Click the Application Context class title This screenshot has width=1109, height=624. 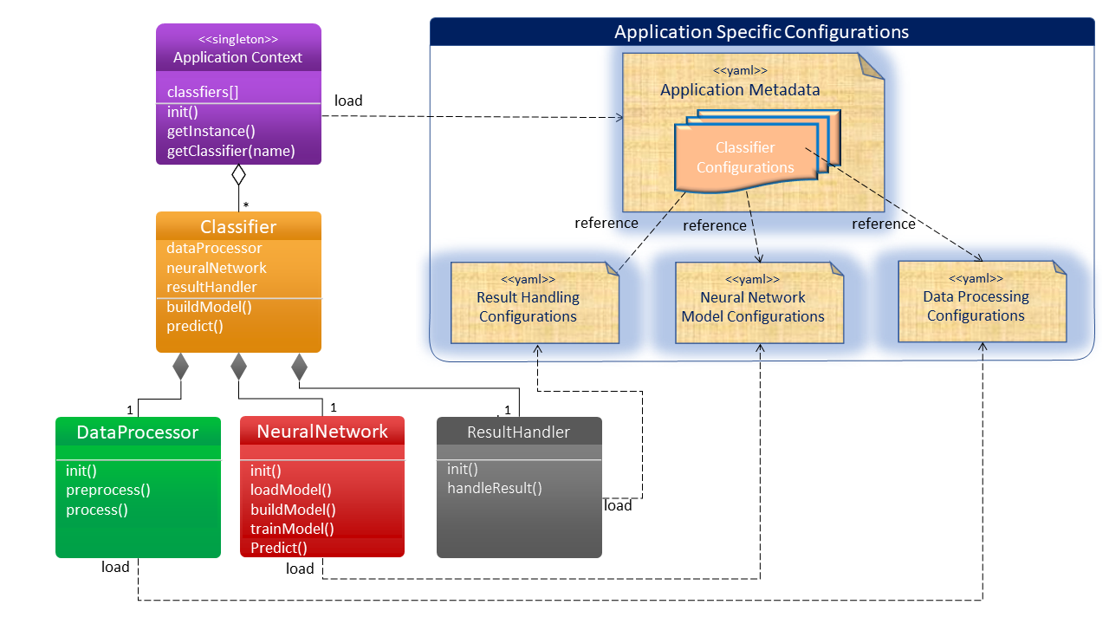point(238,58)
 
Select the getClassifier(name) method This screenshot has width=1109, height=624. point(231,151)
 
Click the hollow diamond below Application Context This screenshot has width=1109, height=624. point(238,174)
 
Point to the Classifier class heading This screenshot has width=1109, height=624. point(238,227)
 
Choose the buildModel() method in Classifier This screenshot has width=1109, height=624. point(203,307)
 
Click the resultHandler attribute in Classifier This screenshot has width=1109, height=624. point(211,287)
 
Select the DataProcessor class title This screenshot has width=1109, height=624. point(138,432)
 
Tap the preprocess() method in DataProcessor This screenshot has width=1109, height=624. point(108,490)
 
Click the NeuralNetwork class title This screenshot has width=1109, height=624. point(322,432)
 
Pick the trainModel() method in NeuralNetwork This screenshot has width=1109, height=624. point(292,529)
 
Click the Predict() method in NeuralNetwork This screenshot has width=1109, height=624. point(279,548)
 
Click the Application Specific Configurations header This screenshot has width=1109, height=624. point(762,32)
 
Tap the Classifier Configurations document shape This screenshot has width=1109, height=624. point(745,157)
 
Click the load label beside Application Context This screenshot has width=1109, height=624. point(348,101)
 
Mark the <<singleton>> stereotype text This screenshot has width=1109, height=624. point(238,39)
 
